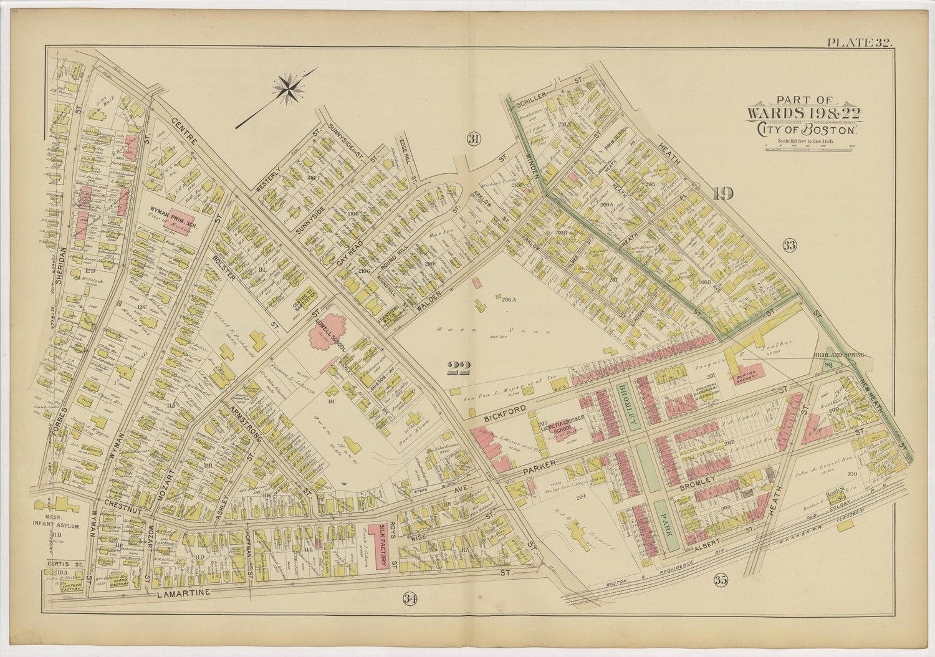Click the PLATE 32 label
point(860,42)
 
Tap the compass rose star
point(289,88)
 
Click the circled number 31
point(474,139)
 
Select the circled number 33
point(790,245)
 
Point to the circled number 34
point(409,599)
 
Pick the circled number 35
point(721,581)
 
